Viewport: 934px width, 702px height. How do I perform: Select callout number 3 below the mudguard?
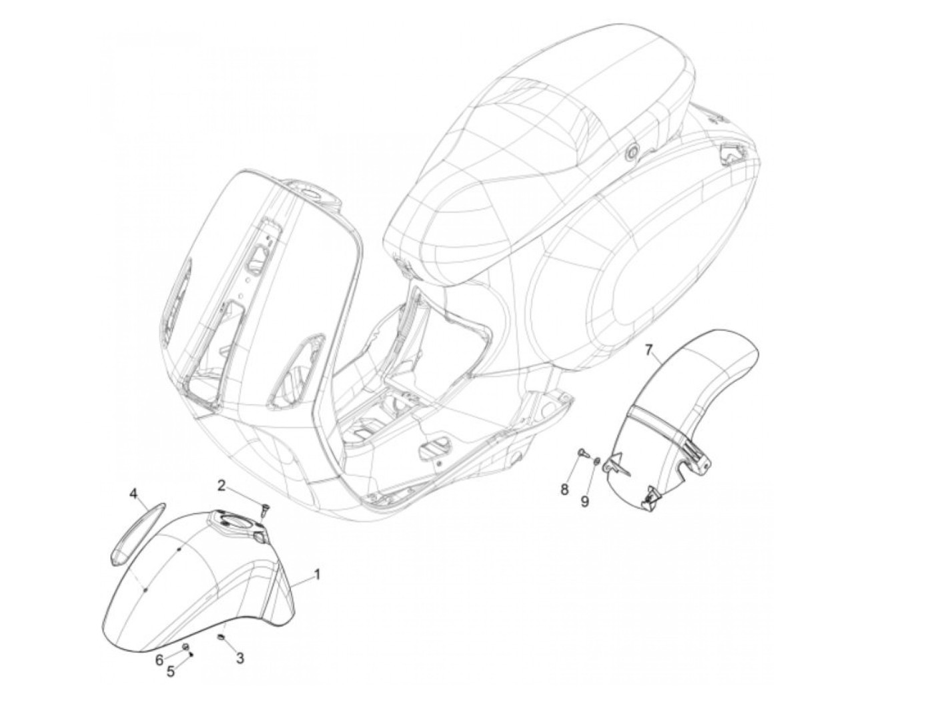point(240,658)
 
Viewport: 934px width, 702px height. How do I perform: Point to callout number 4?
point(133,494)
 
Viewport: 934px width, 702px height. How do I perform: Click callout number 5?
point(171,671)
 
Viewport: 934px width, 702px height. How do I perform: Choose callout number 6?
point(159,659)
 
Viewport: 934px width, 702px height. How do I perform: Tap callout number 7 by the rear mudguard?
point(651,349)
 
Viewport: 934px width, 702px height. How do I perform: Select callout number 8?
point(564,490)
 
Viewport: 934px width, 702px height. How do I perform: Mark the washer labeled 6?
point(186,648)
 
